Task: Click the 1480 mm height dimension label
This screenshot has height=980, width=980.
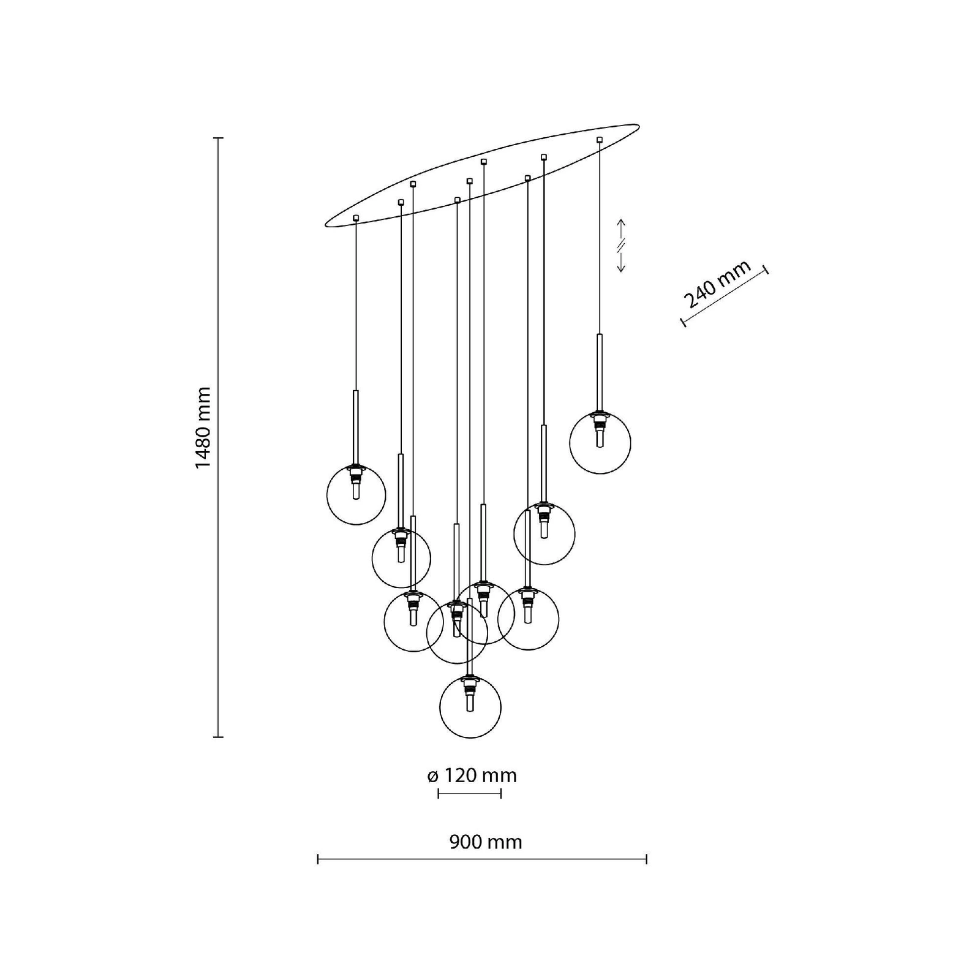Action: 203,428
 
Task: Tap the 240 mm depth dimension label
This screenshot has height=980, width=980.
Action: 717,284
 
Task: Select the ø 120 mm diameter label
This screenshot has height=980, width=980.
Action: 472,775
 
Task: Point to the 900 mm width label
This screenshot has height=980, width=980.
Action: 486,842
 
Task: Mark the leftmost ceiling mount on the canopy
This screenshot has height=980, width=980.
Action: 356,217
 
